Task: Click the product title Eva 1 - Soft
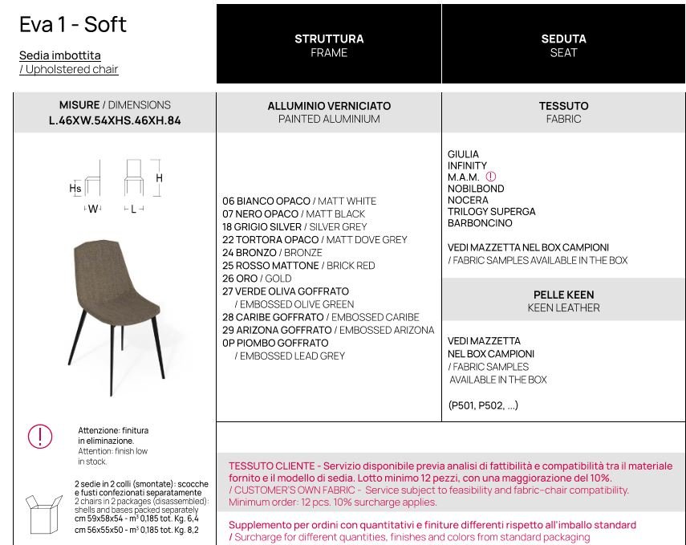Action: click(73, 24)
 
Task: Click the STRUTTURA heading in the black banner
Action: click(329, 39)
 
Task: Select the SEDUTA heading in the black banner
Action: click(563, 39)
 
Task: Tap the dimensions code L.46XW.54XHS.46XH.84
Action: click(115, 120)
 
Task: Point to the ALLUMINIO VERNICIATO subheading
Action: click(329, 106)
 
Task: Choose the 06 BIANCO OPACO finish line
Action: click(298, 201)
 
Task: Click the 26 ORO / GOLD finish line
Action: click(257, 279)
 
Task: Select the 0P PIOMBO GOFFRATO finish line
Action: click(275, 343)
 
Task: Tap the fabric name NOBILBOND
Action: click(476, 189)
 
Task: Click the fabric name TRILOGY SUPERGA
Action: click(491, 212)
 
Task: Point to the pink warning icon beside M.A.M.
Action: click(491, 177)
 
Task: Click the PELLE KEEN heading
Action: click(563, 295)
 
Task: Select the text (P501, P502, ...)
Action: click(483, 405)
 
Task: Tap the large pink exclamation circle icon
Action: click(40, 437)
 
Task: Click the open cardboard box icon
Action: click(43, 513)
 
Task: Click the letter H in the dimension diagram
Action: click(160, 178)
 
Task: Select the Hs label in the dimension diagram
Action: click(75, 189)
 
